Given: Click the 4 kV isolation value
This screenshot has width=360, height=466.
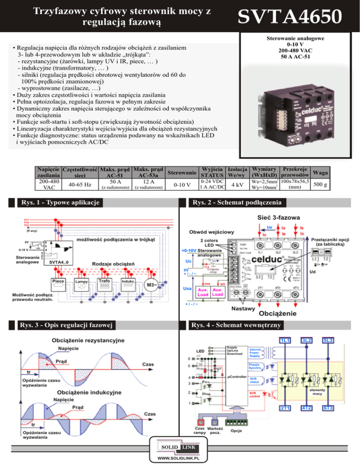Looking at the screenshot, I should pos(237,185).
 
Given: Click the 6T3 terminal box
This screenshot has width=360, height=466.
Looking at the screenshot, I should pos(328,407).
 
